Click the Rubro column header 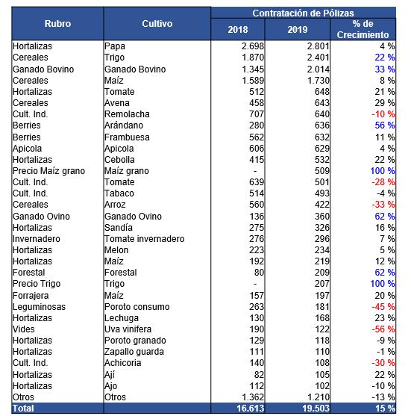[57, 24]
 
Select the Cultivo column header [157, 24]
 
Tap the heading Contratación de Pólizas [303, 13]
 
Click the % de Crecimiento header [363, 29]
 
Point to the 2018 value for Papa [253, 46]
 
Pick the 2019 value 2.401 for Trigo [318, 58]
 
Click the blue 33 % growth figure [384, 69]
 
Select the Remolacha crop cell [127, 114]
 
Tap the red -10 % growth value [383, 114]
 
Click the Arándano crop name [124, 125]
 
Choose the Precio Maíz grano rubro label [48, 171]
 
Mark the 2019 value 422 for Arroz [322, 205]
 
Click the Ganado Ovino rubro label [41, 217]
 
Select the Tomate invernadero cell [145, 239]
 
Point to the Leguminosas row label [40, 307]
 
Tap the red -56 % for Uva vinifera [383, 329]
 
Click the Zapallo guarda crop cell [134, 352]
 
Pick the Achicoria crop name [122, 363]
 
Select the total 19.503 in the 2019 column [316, 408]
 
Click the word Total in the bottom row [23, 408]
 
